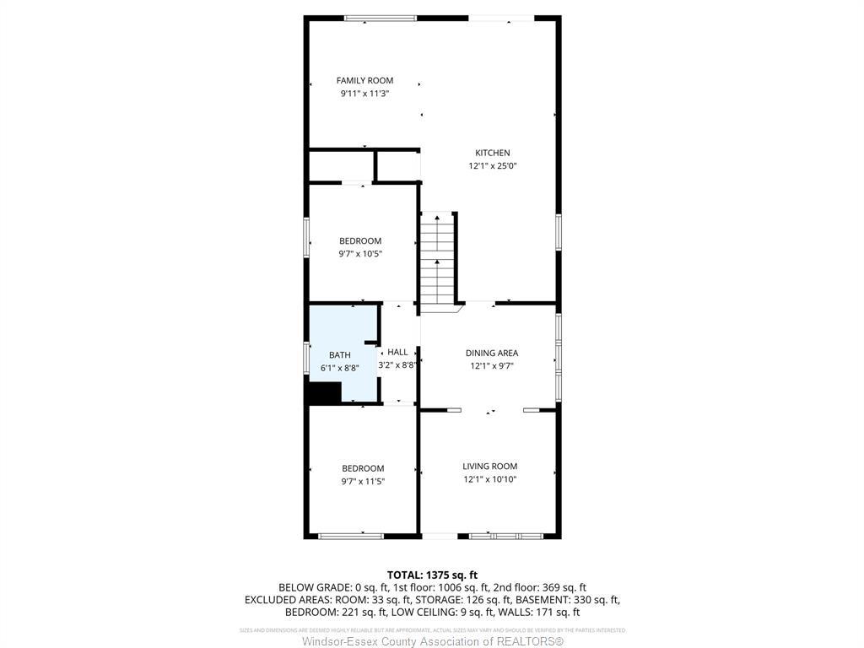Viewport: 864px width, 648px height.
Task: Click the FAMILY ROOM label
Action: point(364,81)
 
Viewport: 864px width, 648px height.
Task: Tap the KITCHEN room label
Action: point(493,153)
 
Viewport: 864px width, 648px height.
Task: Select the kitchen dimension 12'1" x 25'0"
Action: point(493,166)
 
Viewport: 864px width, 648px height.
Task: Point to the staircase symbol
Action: point(438,258)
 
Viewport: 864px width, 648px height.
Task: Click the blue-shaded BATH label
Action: point(339,355)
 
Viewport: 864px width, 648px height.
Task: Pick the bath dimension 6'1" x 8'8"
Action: point(340,369)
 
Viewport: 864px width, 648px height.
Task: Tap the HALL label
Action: point(397,352)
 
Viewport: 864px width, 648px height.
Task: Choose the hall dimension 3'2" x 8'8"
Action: point(398,365)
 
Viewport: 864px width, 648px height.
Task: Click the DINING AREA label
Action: point(492,353)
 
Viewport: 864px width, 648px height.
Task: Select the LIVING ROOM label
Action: point(489,466)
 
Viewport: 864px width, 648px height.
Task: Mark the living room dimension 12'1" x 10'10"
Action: point(489,479)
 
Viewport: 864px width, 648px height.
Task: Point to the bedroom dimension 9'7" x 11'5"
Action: point(363,482)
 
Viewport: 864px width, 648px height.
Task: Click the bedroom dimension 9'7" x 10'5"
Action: point(360,254)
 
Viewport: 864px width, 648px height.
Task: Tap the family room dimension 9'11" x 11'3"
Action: point(364,94)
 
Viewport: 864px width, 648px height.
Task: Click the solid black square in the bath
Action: point(325,393)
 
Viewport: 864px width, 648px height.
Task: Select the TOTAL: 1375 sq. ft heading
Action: point(432,575)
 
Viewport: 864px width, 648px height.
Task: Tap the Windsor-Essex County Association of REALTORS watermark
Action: point(432,641)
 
